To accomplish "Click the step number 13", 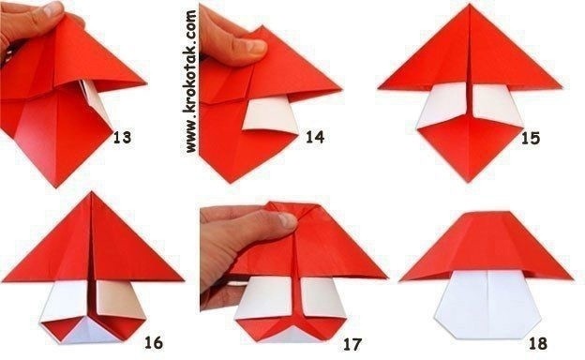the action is [x=122, y=137].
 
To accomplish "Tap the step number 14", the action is [x=315, y=137].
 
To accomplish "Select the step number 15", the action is [x=531, y=138].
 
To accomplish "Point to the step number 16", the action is [x=154, y=342].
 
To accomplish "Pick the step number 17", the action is [x=352, y=344].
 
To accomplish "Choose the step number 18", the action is [x=538, y=343].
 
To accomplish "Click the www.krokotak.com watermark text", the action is [x=190, y=82].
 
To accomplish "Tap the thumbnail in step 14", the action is [x=256, y=46].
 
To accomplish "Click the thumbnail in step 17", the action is [x=287, y=220].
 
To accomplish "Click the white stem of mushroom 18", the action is [x=488, y=304].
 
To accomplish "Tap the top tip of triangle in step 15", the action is [x=470, y=5].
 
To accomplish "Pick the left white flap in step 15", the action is [x=442, y=105].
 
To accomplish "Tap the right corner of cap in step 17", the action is [x=386, y=277].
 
